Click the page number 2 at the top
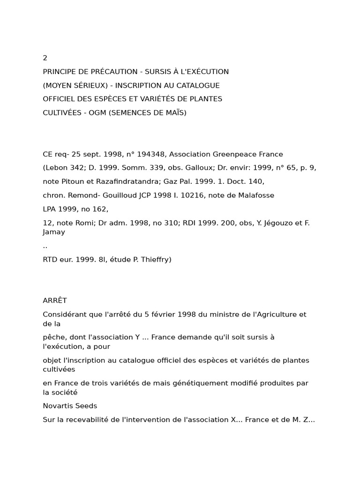point(45,58)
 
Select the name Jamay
point(54,232)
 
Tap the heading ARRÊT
point(55,300)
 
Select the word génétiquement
point(196,383)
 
